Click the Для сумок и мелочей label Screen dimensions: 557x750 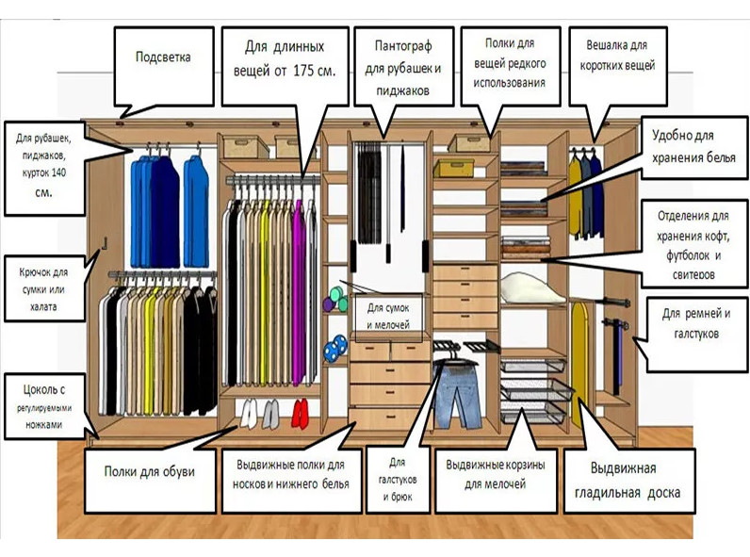388,316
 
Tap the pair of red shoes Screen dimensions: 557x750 300,411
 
